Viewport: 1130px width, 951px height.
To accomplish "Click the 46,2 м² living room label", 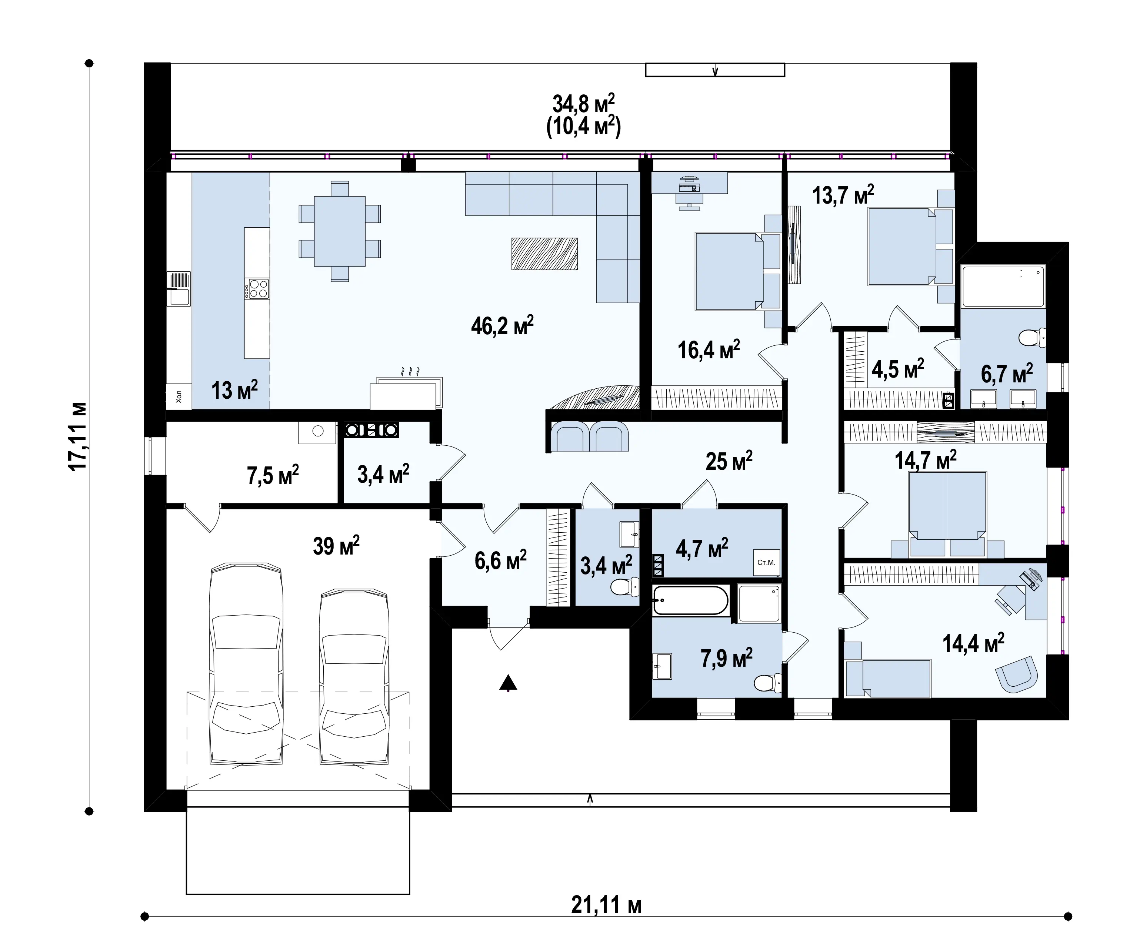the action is click(502, 326).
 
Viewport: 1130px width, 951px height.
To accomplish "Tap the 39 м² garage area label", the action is click(336, 546).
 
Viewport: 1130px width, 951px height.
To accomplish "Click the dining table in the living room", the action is click(340, 231).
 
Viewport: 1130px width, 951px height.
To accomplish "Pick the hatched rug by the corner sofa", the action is click(545, 253).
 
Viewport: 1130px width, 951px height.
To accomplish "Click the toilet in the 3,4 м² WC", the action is click(624, 587).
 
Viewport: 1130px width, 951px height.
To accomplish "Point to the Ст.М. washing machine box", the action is click(766, 562).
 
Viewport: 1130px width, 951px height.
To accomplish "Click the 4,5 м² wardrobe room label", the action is click(897, 369).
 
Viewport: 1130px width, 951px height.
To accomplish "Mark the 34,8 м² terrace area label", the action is click(584, 104).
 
